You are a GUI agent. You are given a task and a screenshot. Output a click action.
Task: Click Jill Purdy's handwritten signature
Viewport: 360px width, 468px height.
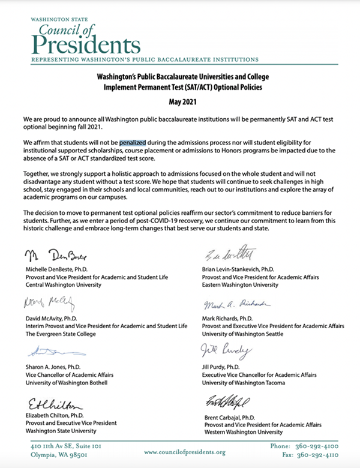point(223,352)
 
